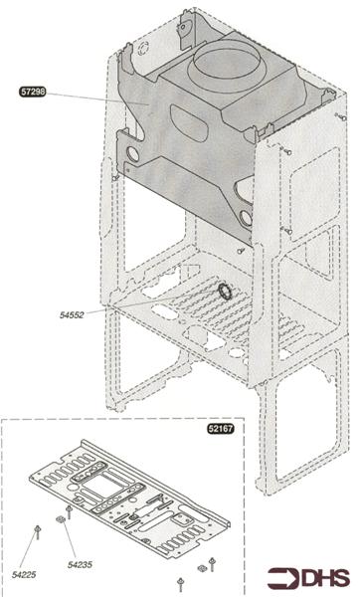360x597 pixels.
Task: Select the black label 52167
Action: (224, 430)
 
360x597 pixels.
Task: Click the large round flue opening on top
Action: (226, 72)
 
